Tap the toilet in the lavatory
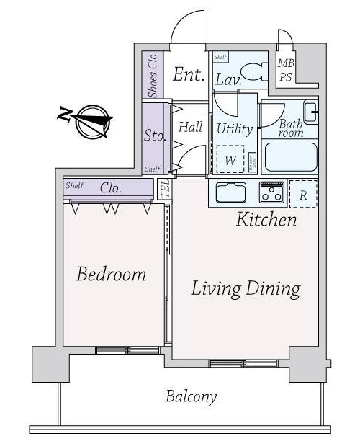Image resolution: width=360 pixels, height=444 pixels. pyautogui.click(x=254, y=72)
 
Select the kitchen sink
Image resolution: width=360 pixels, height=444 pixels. pyautogui.click(x=231, y=192)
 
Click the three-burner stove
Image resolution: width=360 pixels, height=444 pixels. pyautogui.click(x=271, y=192)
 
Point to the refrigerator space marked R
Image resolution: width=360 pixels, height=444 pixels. pyautogui.click(x=303, y=194)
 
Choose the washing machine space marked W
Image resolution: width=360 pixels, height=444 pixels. pyautogui.click(x=230, y=159)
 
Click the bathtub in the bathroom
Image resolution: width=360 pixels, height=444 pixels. pyautogui.click(x=291, y=157)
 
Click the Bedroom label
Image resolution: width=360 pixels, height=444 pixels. pyautogui.click(x=112, y=274)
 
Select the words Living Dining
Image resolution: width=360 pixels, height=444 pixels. pyautogui.click(x=246, y=289)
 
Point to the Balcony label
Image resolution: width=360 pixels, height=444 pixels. pyautogui.click(x=192, y=396)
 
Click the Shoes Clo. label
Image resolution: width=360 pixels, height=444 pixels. pyautogui.click(x=153, y=75)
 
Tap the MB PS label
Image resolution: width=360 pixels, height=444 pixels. pyautogui.click(x=286, y=70)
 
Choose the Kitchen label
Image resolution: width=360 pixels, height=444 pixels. pyautogui.click(x=266, y=219)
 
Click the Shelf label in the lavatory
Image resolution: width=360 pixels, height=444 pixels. pyautogui.click(x=220, y=57)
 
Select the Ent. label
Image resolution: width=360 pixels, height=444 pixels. pyautogui.click(x=189, y=74)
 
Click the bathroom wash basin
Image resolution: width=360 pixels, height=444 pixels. pyautogui.click(x=310, y=112)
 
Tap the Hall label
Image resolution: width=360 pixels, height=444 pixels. pyautogui.click(x=190, y=127)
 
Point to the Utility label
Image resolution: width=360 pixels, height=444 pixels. pyautogui.click(x=235, y=129)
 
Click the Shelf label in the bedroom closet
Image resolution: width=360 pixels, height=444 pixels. pyautogui.click(x=74, y=185)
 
